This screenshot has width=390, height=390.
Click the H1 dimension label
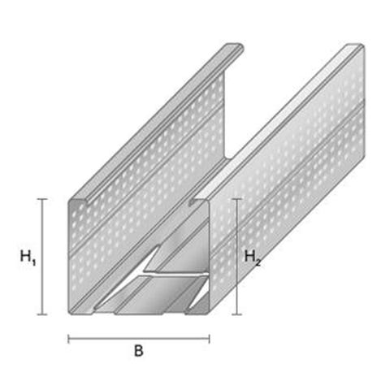click(x=28, y=258)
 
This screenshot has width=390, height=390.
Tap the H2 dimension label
click(x=253, y=258)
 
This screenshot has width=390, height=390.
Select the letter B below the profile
click(x=139, y=351)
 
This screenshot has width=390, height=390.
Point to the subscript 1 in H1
click(x=34, y=262)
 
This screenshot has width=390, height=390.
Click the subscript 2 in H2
click(x=258, y=262)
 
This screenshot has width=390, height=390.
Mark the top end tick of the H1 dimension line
click(x=42, y=199)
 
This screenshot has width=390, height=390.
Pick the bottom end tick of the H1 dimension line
click(x=42, y=314)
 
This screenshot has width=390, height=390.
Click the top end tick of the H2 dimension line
click(x=237, y=199)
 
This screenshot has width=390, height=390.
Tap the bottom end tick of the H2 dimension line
click(x=237, y=314)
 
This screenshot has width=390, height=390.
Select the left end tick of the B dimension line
click(x=68, y=339)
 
